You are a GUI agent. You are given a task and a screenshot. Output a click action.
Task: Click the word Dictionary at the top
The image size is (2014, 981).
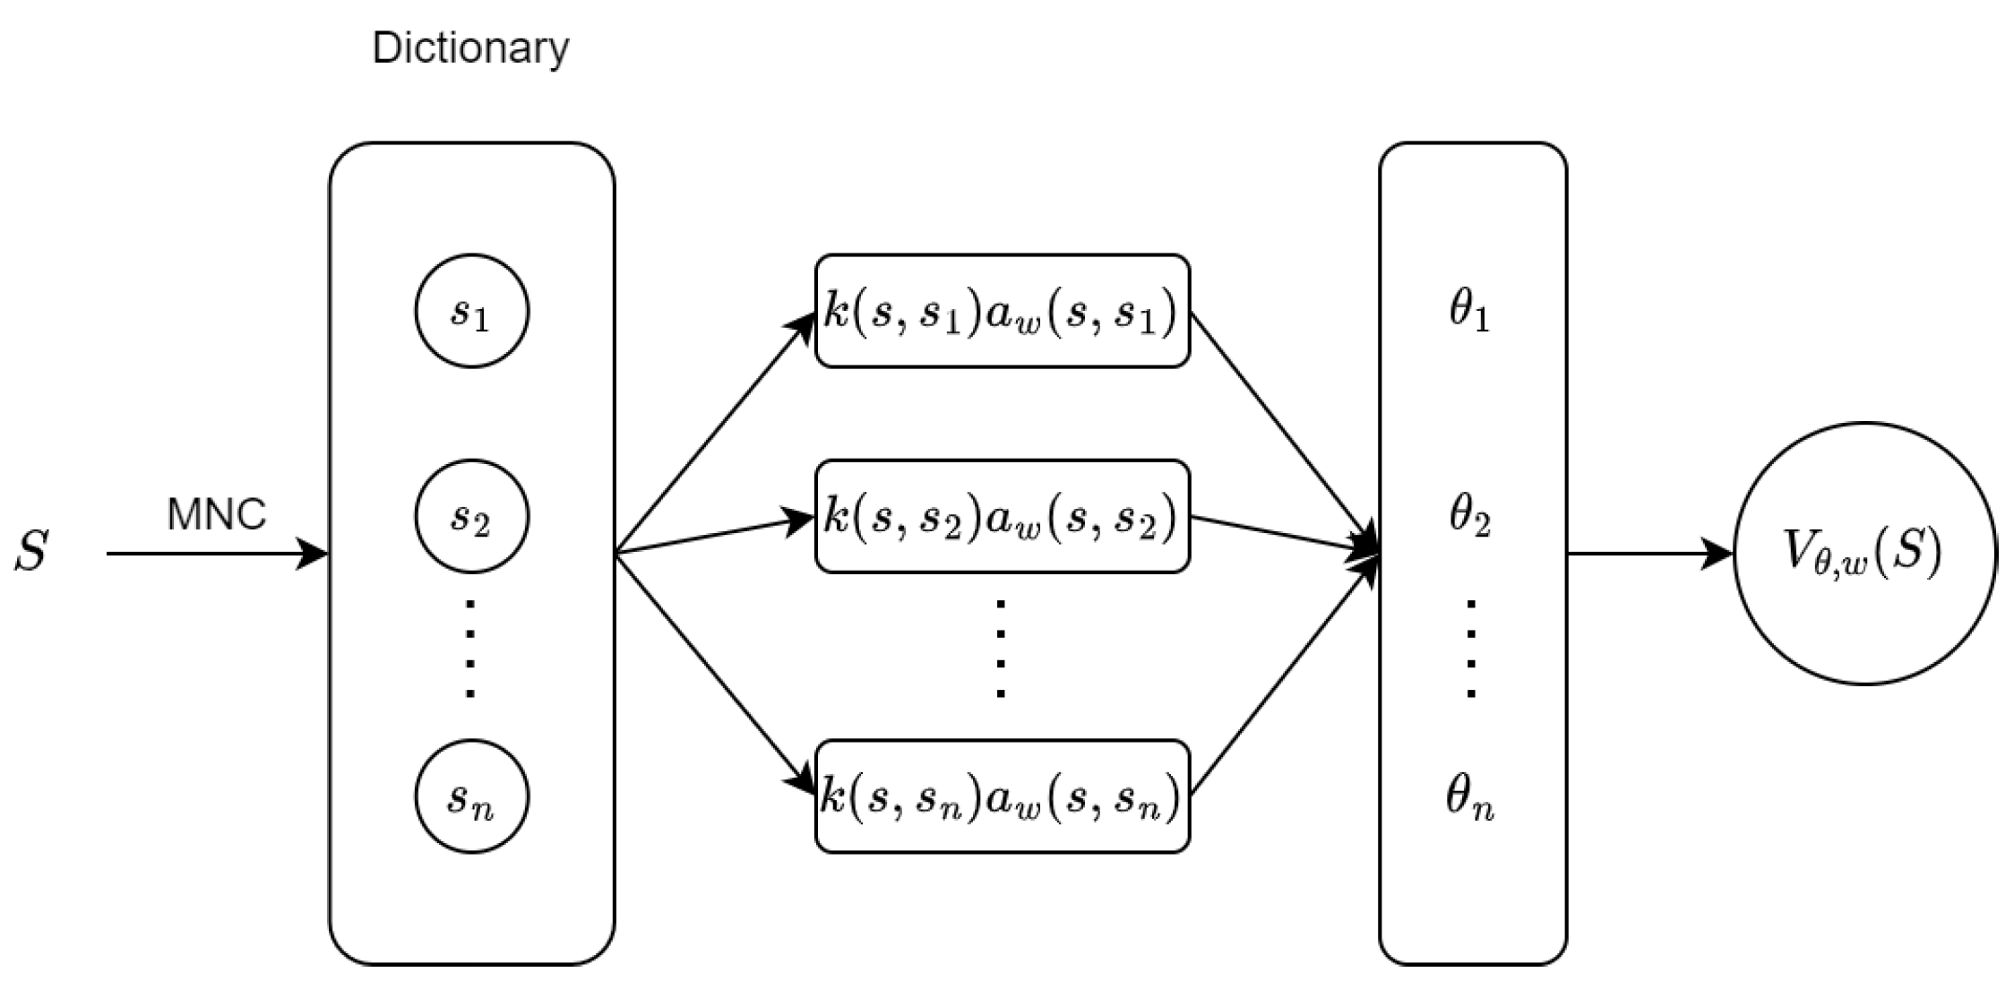coord(469,47)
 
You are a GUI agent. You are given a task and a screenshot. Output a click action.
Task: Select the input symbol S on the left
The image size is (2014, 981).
coord(31,552)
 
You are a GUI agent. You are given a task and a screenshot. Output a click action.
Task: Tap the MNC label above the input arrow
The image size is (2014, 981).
coord(217,514)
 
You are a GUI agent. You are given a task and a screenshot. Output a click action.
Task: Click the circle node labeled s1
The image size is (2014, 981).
coord(471,311)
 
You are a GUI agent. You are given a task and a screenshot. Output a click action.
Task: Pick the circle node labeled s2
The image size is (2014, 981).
coord(471,516)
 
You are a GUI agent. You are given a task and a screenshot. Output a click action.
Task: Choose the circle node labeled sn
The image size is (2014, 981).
coord(471,796)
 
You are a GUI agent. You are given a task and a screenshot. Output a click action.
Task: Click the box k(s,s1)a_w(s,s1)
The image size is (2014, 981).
coord(1002,311)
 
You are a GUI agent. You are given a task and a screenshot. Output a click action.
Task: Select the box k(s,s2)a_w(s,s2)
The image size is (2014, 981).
coord(1002,516)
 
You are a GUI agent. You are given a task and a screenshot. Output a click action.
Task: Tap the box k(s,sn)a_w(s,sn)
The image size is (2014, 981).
coord(1002,796)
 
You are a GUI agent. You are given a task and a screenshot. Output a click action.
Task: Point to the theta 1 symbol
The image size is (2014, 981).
coord(1469,311)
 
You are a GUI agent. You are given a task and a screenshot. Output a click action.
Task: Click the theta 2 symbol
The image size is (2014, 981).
coord(1469,516)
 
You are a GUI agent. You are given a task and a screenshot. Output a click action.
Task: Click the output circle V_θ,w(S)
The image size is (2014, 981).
coord(1865,553)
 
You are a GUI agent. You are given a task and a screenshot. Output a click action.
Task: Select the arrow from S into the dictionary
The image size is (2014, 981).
coord(215,554)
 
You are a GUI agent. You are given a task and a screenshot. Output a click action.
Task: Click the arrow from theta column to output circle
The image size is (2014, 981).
coord(1648,554)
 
